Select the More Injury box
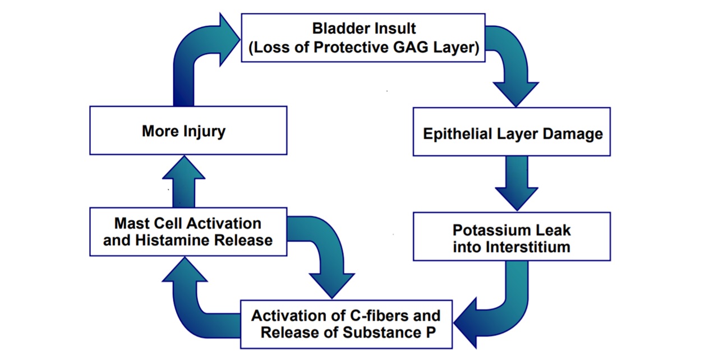(188, 130)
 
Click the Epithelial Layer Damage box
(512, 132)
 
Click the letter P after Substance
(431, 332)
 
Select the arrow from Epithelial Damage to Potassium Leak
(517, 183)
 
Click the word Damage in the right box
(573, 133)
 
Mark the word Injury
(205, 132)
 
